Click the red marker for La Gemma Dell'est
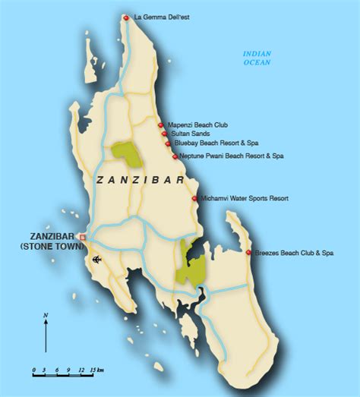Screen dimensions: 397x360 click(x=126, y=17)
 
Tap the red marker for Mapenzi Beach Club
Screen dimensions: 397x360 click(x=160, y=125)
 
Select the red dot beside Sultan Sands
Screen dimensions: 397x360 click(x=165, y=134)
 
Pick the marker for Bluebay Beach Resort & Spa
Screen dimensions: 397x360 click(x=168, y=142)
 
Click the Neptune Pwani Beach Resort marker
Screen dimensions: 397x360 click(x=175, y=156)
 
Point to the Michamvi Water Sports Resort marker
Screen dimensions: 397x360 click(x=195, y=198)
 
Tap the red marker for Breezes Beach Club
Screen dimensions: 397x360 click(x=249, y=252)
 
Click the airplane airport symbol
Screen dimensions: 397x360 click(x=96, y=262)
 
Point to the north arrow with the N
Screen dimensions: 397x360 click(x=46, y=329)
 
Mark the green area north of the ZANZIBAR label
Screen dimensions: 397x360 click(x=127, y=155)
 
